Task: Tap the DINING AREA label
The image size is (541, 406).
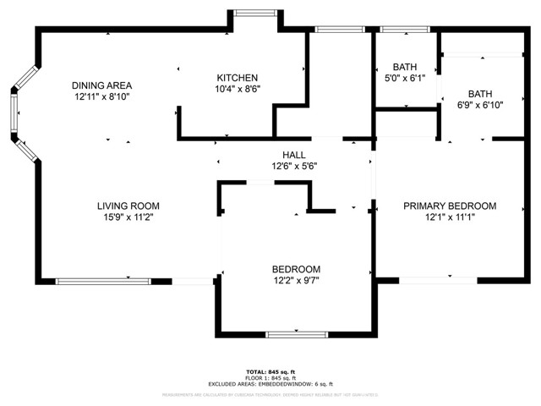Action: [101, 85]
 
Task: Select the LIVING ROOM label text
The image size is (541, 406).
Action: [128, 206]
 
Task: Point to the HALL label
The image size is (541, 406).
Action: [293, 155]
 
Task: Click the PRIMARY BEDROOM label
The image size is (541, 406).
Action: [449, 206]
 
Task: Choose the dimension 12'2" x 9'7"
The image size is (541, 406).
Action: [296, 280]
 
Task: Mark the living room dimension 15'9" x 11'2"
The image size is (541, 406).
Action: [128, 217]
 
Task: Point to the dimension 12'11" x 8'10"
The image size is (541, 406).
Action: [101, 96]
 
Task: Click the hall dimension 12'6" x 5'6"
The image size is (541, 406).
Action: [293, 166]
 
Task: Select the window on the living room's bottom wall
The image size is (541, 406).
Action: [103, 281]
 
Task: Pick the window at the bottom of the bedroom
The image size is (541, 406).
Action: [296, 335]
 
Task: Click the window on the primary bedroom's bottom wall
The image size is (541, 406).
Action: [437, 280]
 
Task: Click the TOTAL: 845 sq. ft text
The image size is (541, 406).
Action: [269, 371]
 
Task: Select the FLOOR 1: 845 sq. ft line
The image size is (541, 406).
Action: [269, 377]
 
